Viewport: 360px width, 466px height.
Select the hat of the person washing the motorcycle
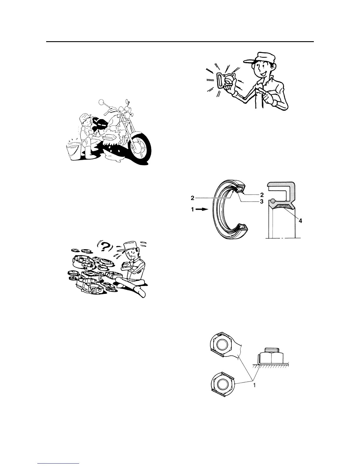84,116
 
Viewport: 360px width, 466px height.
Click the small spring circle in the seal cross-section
273,201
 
